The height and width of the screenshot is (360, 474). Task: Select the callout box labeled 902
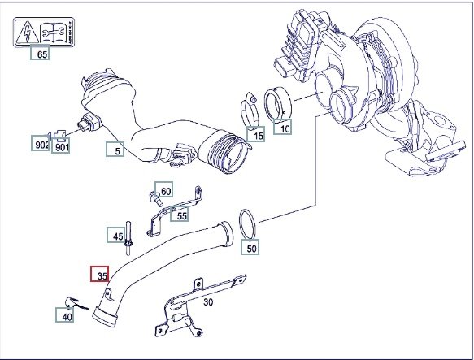click(x=41, y=143)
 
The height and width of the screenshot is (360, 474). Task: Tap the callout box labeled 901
click(x=60, y=145)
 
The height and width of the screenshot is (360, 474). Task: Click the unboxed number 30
click(x=208, y=302)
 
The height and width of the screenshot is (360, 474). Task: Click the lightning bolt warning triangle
click(x=28, y=32)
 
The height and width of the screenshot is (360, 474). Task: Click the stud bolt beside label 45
click(x=128, y=238)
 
